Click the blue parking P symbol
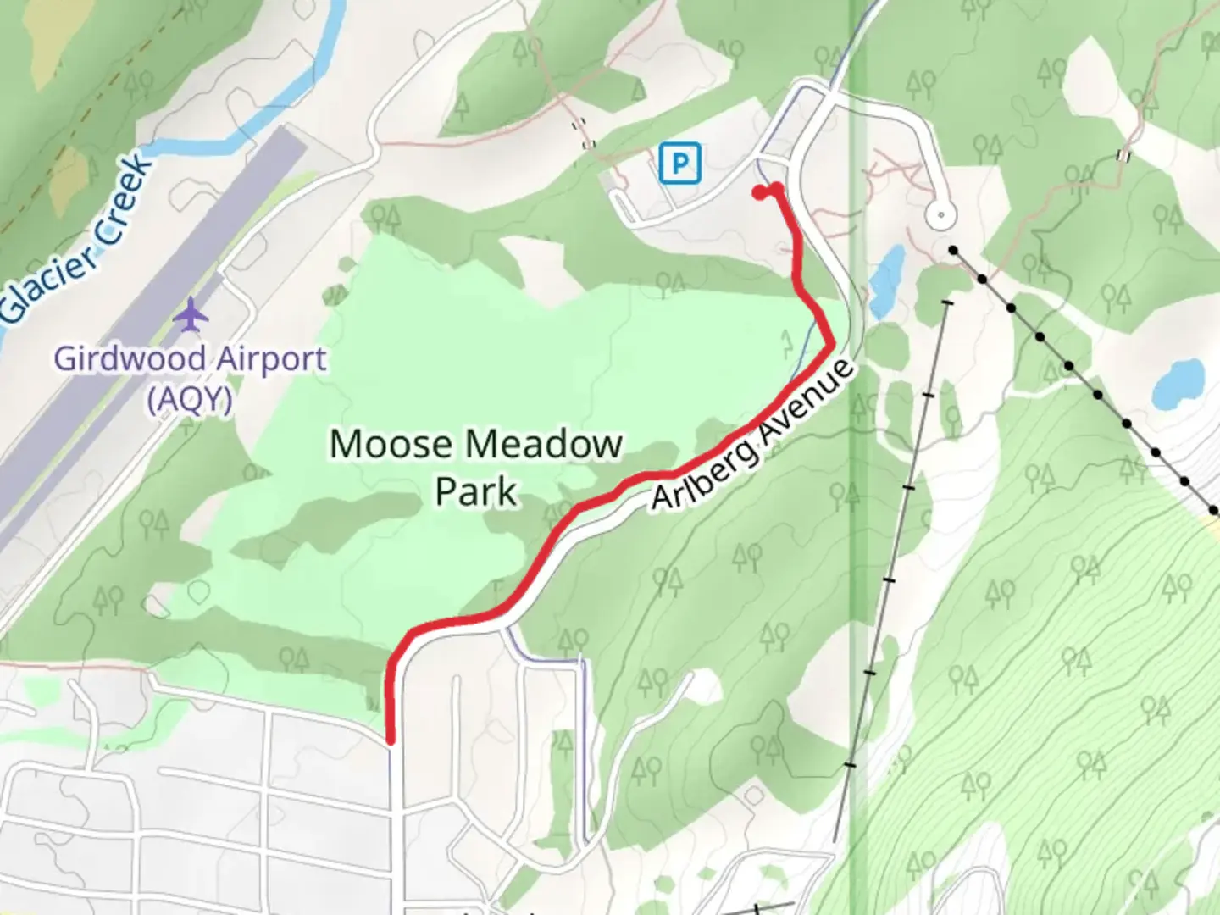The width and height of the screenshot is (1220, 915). tap(679, 162)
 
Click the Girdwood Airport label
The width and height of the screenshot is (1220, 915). tap(190, 358)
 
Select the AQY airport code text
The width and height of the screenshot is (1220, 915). tap(190, 397)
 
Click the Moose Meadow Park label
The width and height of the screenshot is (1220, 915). tap(475, 467)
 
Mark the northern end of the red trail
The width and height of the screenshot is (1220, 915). tap(759, 192)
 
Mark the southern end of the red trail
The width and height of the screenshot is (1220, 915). tap(391, 740)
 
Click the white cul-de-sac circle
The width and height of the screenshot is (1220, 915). tap(940, 215)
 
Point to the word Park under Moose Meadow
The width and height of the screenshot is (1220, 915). tap(475, 491)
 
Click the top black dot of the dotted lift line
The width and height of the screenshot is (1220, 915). tap(954, 251)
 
